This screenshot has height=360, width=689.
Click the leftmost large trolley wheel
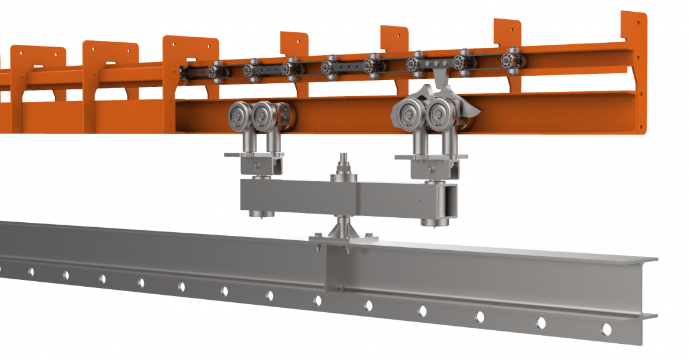pos(240,116)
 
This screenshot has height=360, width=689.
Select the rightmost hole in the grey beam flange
pos(606,330)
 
